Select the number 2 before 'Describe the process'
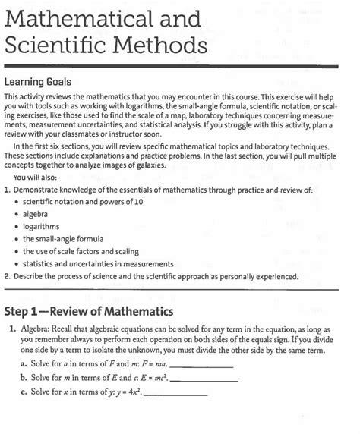(x=7, y=277)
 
